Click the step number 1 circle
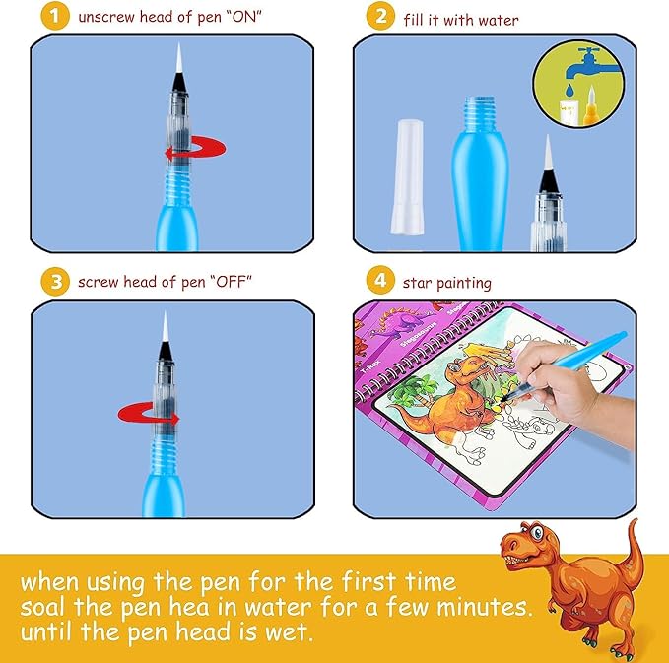[55, 16]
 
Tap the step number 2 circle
[380, 16]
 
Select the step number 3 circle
[55, 282]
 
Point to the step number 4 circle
[380, 280]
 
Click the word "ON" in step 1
[243, 17]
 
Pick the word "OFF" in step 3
[231, 282]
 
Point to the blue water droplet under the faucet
[569, 90]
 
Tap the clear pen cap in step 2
[408, 176]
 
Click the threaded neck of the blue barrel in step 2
[480, 111]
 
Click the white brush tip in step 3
[166, 326]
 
